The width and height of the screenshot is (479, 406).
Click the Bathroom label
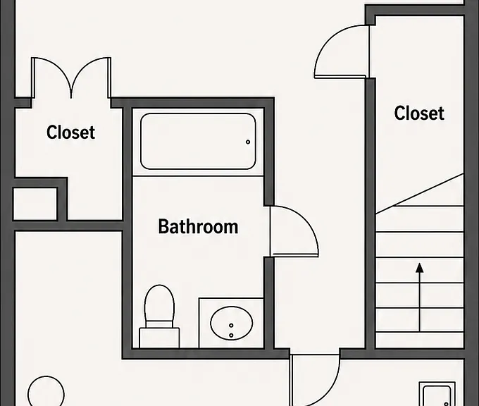coord(198,226)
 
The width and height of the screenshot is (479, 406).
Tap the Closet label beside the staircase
coord(419,113)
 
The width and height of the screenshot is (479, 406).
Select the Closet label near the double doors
coord(70,132)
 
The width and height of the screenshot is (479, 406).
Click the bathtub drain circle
coord(248,142)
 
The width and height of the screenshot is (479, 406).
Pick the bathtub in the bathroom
coord(198,141)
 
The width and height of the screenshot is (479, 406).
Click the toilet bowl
coord(159,302)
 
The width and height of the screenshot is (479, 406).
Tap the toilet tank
coord(159,338)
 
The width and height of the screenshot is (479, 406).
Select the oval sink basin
coord(232,323)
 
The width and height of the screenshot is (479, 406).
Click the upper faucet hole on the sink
coord(231,325)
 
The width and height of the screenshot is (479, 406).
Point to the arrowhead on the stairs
coord(420,268)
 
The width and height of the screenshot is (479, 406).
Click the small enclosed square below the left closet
coord(35,204)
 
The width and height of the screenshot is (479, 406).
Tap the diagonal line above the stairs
coord(419,194)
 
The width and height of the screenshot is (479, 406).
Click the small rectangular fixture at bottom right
coord(437,394)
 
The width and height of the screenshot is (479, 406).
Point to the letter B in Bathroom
coord(163,226)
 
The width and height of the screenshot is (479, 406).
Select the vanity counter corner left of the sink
coord(199,298)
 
